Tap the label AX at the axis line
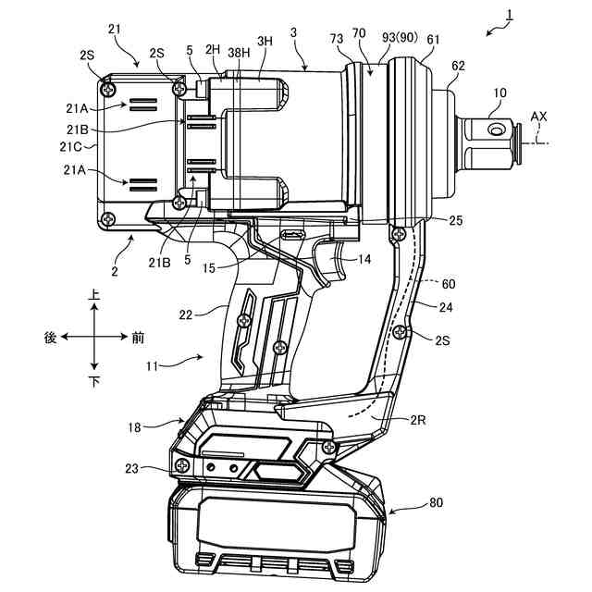click(x=538, y=117)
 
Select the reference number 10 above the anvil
click(x=499, y=93)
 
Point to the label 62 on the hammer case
click(x=459, y=67)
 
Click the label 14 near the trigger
click(x=364, y=261)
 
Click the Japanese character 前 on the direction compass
click(x=138, y=339)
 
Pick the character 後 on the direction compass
click(x=51, y=339)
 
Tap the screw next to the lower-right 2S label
click(x=401, y=332)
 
